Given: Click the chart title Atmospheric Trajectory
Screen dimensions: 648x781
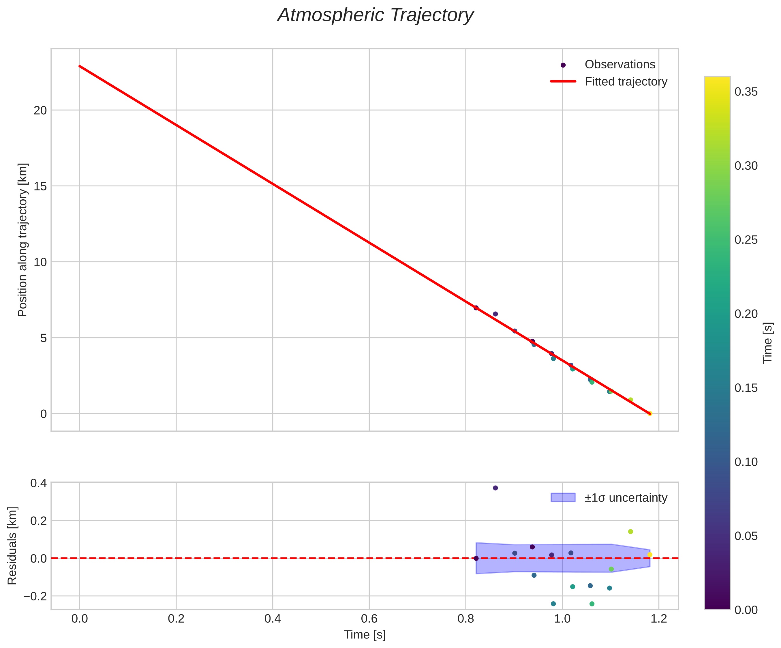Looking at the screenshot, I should tap(375, 16).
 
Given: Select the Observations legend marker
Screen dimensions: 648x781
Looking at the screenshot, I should tap(563, 65).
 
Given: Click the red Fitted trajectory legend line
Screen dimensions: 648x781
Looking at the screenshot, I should tap(563, 81).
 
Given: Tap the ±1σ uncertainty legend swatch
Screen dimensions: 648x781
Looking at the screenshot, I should tap(563, 498).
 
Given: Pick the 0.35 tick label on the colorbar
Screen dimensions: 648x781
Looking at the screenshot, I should tap(746, 92).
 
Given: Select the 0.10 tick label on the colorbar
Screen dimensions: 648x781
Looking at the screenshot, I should tap(746, 462).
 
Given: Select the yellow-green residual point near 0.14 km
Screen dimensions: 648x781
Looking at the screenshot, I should tap(630, 531).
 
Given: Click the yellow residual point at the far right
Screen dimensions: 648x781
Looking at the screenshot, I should tap(650, 555).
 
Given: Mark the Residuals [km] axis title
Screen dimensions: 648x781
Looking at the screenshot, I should tap(12, 546).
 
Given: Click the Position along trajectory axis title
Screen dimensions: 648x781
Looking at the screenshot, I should tap(23, 240).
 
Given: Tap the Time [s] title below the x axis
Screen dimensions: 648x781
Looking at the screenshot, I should tap(365, 635).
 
